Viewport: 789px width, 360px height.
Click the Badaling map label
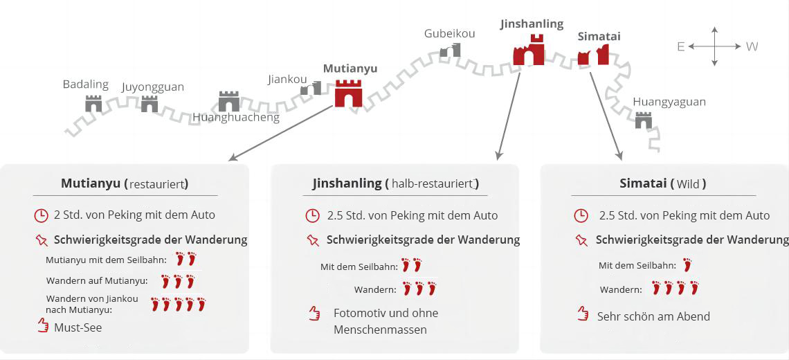(x=86, y=84)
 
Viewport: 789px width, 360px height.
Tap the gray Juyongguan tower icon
(x=149, y=105)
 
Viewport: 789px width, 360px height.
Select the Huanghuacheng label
(x=236, y=117)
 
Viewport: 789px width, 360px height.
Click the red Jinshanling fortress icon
(x=529, y=51)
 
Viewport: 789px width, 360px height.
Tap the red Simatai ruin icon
(x=593, y=55)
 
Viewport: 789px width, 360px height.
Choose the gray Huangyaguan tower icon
(x=644, y=120)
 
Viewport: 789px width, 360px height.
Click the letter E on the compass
(x=681, y=46)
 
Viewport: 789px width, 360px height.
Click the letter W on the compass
(x=752, y=46)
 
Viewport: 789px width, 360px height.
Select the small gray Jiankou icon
(x=311, y=88)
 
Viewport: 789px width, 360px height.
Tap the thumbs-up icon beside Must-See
(x=43, y=326)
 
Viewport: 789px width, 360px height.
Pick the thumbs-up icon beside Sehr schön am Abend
(x=583, y=315)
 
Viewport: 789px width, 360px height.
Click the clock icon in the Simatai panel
(x=581, y=215)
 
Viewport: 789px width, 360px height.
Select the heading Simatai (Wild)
(x=663, y=184)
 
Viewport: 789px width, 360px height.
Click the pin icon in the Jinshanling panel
(x=312, y=240)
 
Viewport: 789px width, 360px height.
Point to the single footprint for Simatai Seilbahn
(x=687, y=264)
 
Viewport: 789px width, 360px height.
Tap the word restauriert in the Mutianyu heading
(x=158, y=184)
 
